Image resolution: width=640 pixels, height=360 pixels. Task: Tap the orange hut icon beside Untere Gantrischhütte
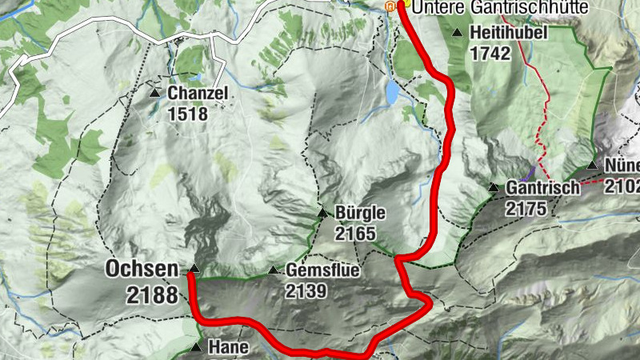pyautogui.click(x=390, y=6)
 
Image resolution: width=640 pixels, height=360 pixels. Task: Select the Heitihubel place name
pyautogui.click(x=509, y=34)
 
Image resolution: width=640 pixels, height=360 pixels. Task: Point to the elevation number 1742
pyautogui.click(x=491, y=54)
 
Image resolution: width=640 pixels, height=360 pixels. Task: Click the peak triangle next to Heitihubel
pyautogui.click(x=457, y=33)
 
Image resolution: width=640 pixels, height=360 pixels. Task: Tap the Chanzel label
pyautogui.click(x=198, y=94)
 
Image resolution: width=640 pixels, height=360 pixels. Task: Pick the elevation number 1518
pyautogui.click(x=188, y=114)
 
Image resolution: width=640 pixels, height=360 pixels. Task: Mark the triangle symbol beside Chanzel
pyautogui.click(x=154, y=93)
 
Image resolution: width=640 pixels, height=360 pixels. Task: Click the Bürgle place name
pyautogui.click(x=361, y=214)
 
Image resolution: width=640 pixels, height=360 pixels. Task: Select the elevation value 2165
pyautogui.click(x=356, y=234)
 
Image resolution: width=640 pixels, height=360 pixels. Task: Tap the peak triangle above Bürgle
pyautogui.click(x=322, y=213)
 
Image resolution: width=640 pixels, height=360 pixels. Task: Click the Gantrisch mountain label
pyautogui.click(x=542, y=189)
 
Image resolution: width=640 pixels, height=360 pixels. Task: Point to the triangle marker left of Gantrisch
pyautogui.click(x=493, y=187)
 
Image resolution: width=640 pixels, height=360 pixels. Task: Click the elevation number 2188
pyautogui.click(x=151, y=294)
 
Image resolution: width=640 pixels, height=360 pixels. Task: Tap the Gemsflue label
pyautogui.click(x=322, y=271)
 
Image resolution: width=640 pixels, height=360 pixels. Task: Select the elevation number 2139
pyautogui.click(x=306, y=291)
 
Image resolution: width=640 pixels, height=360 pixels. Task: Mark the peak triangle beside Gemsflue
pyautogui.click(x=274, y=270)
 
